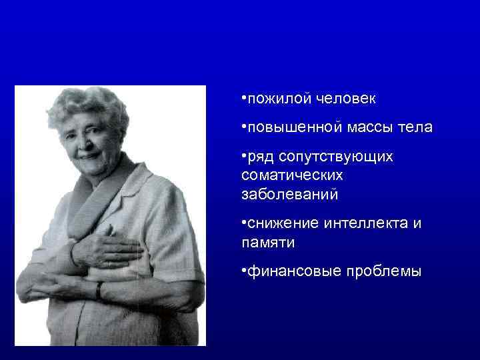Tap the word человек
pyautogui.click(x=345, y=99)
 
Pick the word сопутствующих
pyautogui.click(x=336, y=157)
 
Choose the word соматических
pyautogui.click(x=293, y=175)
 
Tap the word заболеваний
pyautogui.click(x=290, y=194)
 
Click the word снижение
pyautogui.click(x=280, y=224)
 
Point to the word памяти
pyautogui.click(x=268, y=243)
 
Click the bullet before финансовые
pyautogui.click(x=245, y=270)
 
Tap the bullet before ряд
pyautogui.click(x=245, y=155)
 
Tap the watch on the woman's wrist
pyautogui.click(x=99, y=291)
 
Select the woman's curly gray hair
pyautogui.click(x=93, y=107)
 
